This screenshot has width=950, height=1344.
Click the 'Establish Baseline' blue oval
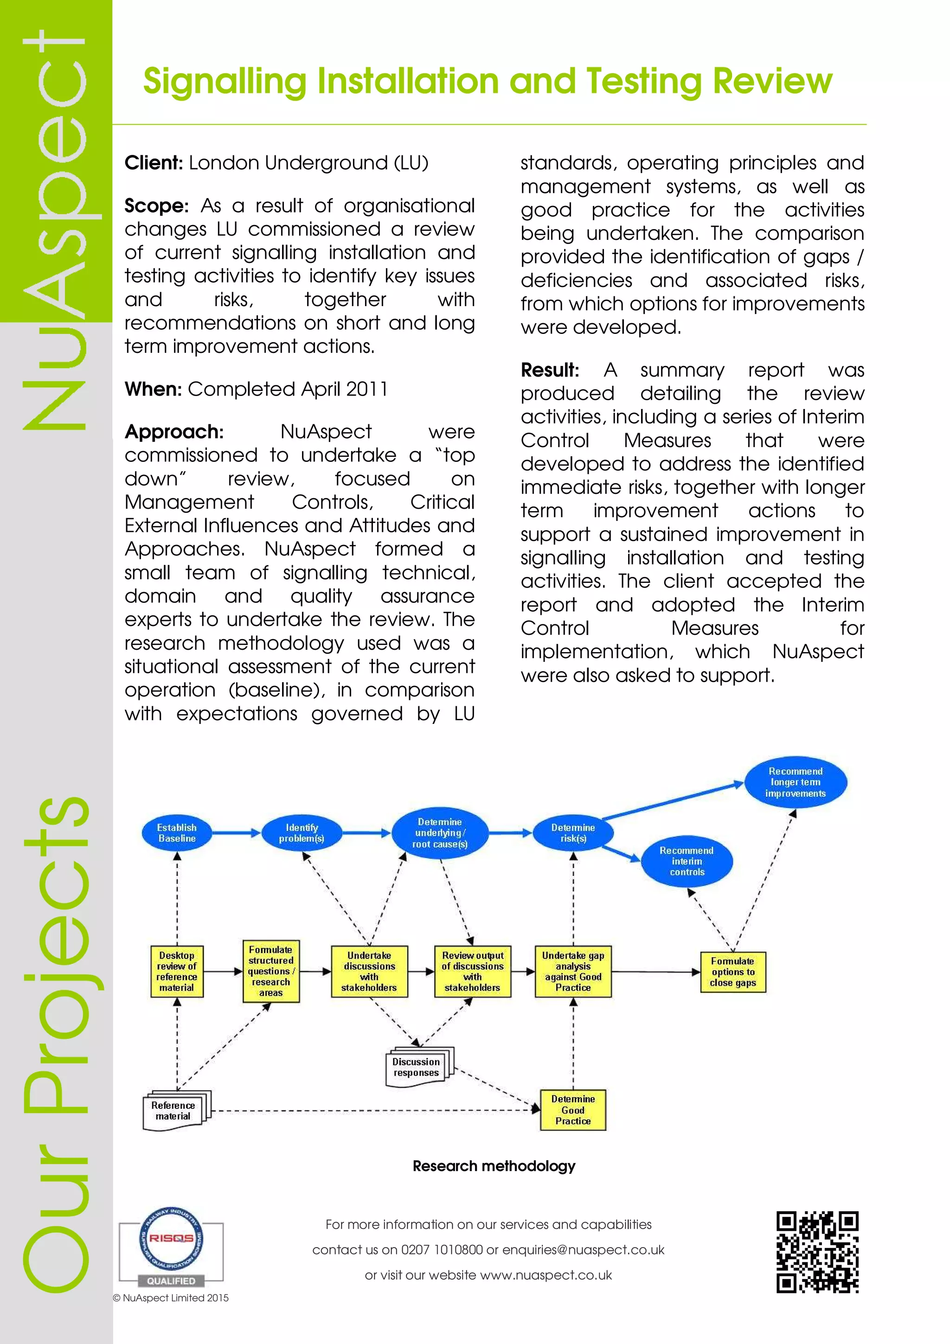tap(177, 833)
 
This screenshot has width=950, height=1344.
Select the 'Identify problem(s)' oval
tap(302, 833)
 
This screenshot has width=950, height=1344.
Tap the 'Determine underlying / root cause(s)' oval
tap(440, 833)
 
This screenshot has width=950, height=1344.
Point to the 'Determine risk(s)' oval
tap(573, 833)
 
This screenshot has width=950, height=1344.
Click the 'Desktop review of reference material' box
tap(177, 972)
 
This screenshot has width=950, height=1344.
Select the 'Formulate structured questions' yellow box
tap(271, 971)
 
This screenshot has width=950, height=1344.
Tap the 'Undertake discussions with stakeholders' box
tap(369, 972)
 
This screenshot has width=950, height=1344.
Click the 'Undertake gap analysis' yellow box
tap(573, 972)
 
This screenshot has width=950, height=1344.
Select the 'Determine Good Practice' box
tap(573, 1110)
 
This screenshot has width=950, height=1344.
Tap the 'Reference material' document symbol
tap(175, 1110)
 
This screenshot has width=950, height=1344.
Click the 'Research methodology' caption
tap(494, 1166)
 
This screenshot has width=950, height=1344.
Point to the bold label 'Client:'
tap(154, 163)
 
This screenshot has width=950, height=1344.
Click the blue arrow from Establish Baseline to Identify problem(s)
tap(237, 833)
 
